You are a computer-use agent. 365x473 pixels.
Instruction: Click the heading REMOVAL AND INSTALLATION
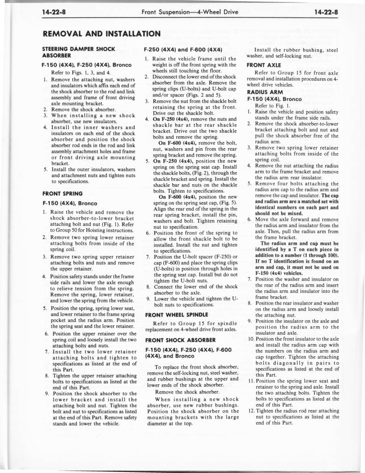pyautogui.click(x=101, y=34)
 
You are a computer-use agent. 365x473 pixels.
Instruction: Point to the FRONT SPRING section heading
pyautogui.click(x=62, y=194)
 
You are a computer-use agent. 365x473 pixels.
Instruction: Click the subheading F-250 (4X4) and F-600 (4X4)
pyautogui.click(x=184, y=49)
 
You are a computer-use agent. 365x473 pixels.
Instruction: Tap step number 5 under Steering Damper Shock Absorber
pyautogui.click(x=46, y=169)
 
